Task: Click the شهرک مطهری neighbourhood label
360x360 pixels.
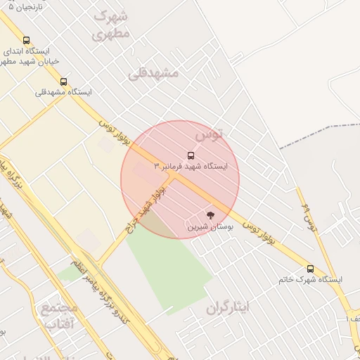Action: click(x=111, y=24)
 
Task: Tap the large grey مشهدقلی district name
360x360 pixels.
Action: click(x=153, y=73)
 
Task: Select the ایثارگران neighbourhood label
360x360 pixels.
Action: click(x=228, y=307)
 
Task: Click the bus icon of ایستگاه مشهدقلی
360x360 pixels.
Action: click(x=64, y=82)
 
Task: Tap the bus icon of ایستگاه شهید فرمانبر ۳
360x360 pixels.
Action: click(x=191, y=155)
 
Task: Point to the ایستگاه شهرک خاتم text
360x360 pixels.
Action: click(x=310, y=280)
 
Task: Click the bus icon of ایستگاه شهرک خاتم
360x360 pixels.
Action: click(x=310, y=269)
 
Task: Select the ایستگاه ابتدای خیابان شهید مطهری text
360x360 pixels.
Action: click(x=27, y=56)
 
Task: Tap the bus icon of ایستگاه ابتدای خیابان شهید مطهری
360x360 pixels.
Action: click(x=27, y=41)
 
